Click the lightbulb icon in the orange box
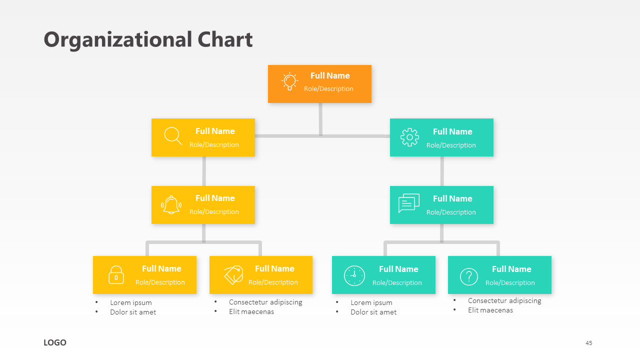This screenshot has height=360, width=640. [289, 82]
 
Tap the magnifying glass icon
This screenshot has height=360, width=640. [173, 136]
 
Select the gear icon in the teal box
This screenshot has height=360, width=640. [409, 137]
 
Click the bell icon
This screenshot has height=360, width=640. [171, 204]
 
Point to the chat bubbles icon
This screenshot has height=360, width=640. [408, 203]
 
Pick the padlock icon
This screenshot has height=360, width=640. [116, 275]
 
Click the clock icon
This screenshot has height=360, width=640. [354, 275]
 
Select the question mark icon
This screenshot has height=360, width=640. [468, 276]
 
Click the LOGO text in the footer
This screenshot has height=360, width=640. [55, 342]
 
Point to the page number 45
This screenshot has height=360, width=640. [589, 343]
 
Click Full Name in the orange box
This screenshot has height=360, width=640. [330, 75]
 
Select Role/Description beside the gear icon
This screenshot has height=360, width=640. [451, 145]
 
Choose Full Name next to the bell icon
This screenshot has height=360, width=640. [215, 198]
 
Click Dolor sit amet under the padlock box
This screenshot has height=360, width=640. [133, 312]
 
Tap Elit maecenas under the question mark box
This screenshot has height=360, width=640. [490, 310]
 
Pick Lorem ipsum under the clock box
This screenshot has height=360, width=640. [371, 302]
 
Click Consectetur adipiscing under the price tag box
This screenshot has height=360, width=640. [265, 302]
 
